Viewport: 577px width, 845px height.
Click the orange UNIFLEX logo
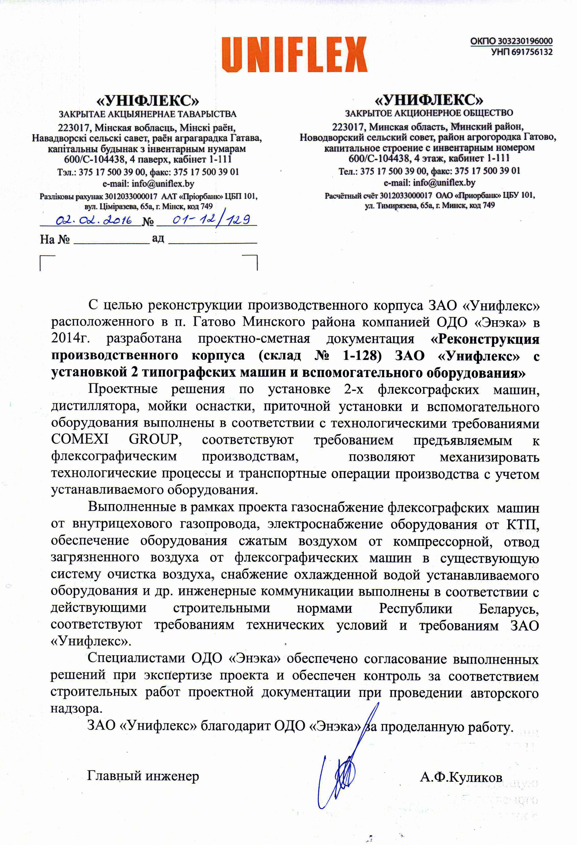[294, 54]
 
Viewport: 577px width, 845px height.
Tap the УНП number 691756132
[532, 52]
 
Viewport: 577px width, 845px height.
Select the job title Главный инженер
[143, 776]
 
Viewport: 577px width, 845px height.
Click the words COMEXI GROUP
[116, 440]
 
